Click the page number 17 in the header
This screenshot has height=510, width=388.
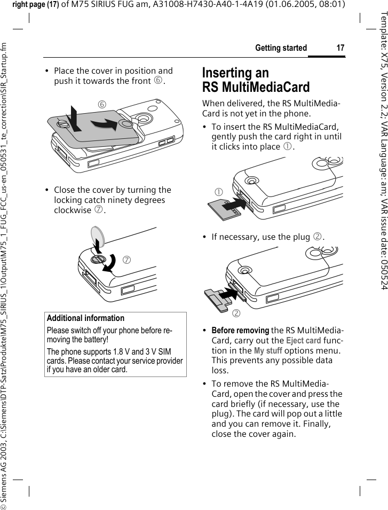[340, 48]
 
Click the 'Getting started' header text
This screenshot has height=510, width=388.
[281, 48]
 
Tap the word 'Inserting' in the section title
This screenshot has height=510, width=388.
[235, 73]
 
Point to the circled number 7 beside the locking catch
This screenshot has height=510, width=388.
[142, 245]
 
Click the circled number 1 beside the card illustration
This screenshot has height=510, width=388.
[218, 192]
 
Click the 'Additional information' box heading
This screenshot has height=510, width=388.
[85, 318]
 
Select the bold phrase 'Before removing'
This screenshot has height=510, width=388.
[240, 345]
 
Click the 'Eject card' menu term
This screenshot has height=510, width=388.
[303, 356]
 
